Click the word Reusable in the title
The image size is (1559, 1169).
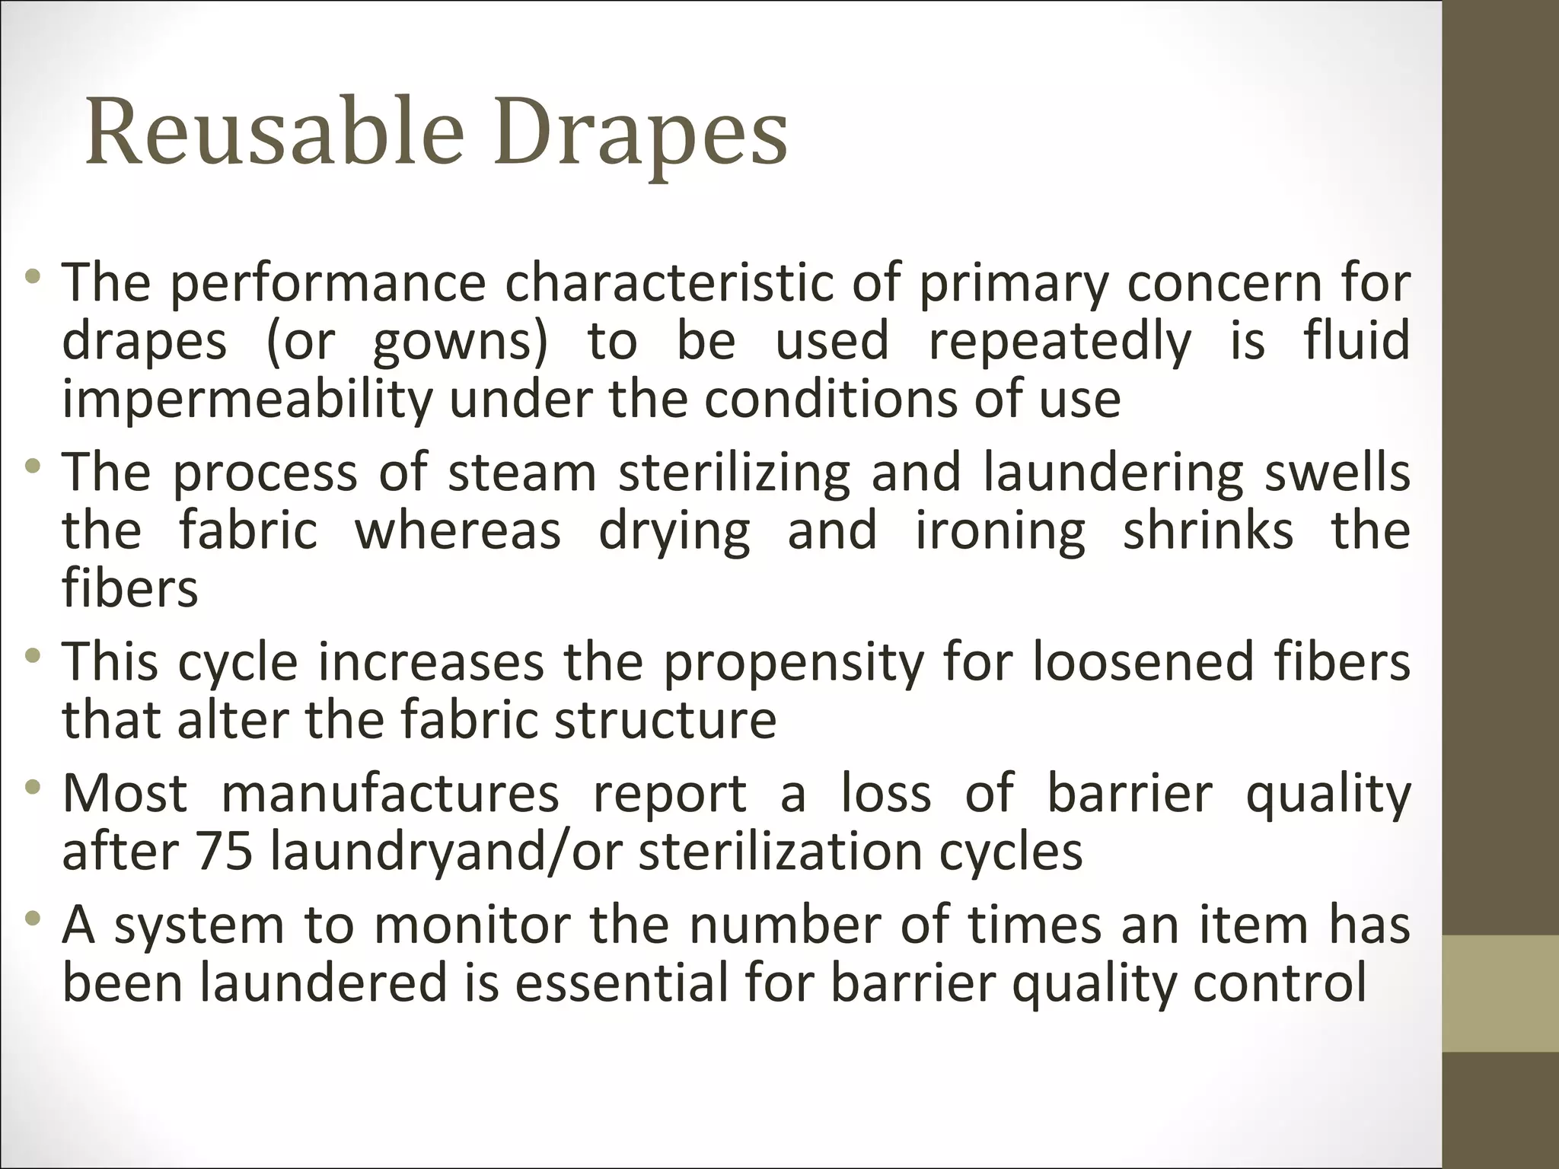(x=275, y=131)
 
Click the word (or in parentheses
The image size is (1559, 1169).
(x=300, y=341)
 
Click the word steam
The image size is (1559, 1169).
(x=521, y=473)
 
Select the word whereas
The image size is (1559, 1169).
(x=457, y=530)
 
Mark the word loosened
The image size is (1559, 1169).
(x=1143, y=661)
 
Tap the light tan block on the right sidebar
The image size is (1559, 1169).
(x=1500, y=994)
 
